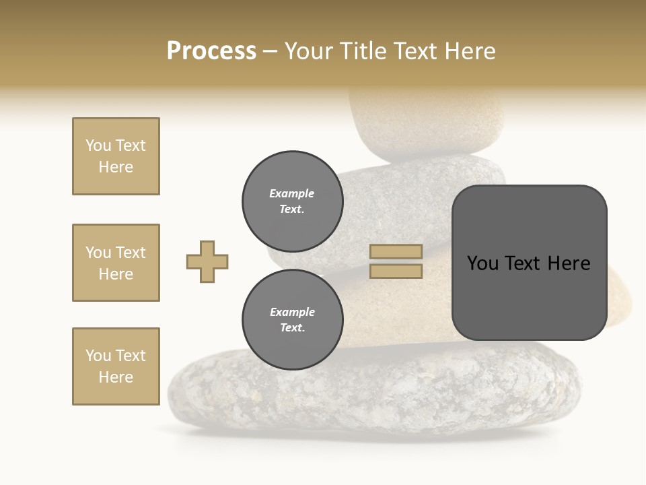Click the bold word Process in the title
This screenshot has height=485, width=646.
(x=211, y=51)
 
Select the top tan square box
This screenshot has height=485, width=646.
(x=116, y=156)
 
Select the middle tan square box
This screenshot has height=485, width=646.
(x=116, y=263)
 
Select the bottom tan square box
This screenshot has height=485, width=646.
(x=116, y=366)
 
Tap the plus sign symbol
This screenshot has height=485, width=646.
(x=207, y=261)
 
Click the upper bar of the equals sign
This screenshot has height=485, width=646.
(x=396, y=251)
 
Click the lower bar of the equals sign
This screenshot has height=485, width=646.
(x=396, y=271)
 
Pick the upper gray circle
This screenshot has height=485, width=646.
(x=292, y=201)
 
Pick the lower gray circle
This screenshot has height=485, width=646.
(x=292, y=319)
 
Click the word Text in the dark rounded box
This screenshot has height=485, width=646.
(x=528, y=263)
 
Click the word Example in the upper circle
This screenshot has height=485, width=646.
(x=292, y=193)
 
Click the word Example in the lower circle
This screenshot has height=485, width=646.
(x=292, y=312)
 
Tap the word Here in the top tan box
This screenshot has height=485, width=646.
(x=116, y=167)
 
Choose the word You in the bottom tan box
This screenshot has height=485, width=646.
(x=98, y=356)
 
